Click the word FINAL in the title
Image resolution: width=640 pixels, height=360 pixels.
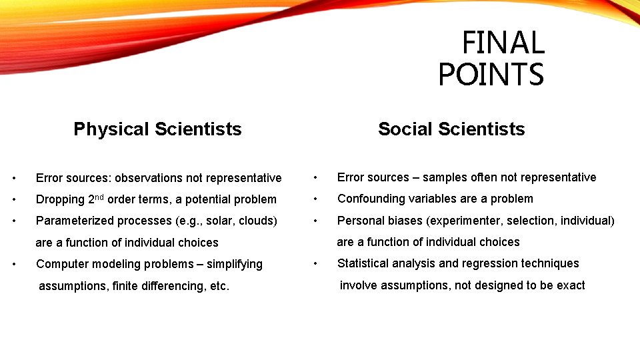pyautogui.click(x=503, y=43)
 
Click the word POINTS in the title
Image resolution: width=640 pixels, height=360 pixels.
pyautogui.click(x=491, y=74)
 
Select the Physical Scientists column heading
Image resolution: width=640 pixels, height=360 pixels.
pyautogui.click(x=157, y=129)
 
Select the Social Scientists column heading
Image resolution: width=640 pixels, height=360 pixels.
pyautogui.click(x=451, y=129)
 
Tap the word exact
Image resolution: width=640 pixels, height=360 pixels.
pyautogui.click(x=571, y=285)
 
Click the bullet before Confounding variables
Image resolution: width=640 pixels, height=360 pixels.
pyautogui.click(x=316, y=199)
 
